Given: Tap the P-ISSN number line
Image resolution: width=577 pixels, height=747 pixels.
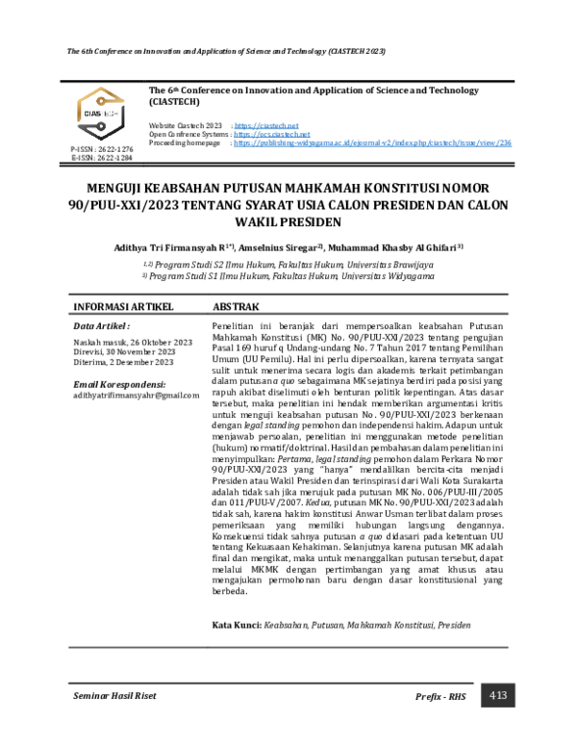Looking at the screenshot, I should coord(102,150).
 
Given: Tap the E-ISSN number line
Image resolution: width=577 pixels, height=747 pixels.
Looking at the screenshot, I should coord(102,158).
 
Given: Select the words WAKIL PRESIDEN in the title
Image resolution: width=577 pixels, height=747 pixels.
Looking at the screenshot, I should coord(288,221).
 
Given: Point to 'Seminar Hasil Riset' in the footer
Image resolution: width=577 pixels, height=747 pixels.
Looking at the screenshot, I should coord(114,695).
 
